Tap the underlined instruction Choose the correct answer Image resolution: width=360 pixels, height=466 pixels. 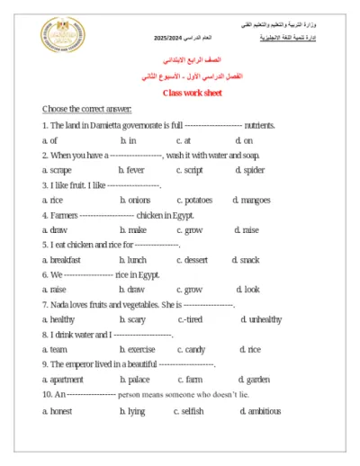(86, 110)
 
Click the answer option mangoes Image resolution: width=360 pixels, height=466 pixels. (253, 200)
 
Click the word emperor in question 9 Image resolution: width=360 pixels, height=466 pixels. (85, 364)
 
